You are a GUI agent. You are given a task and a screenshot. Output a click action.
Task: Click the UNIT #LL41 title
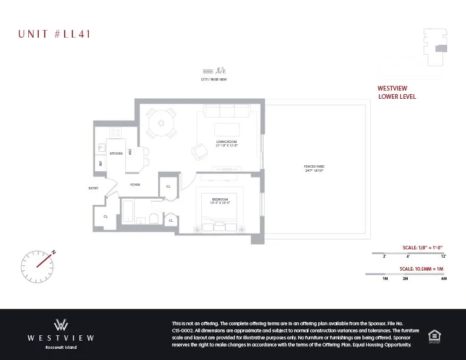click(x=54, y=34)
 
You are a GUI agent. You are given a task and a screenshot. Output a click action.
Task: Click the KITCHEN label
click(x=116, y=154)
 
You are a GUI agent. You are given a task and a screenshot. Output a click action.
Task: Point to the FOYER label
click(x=135, y=185)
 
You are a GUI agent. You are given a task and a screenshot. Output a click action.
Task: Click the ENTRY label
click(x=94, y=188)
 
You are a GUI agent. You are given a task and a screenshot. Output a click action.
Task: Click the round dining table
click(x=161, y=124)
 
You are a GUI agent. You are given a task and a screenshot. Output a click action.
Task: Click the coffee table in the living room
click(x=227, y=129)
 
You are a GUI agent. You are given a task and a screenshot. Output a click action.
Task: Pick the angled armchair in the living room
click(x=199, y=151)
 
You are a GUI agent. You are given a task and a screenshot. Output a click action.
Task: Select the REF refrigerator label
click(x=101, y=164)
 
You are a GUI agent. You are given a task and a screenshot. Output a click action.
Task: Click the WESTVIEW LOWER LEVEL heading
click(x=397, y=92)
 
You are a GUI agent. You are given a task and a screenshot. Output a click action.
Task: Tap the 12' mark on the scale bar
click(x=444, y=256)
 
